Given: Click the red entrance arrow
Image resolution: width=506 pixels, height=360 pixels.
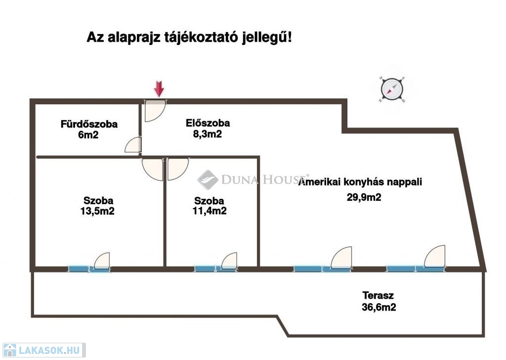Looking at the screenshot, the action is point(159,89).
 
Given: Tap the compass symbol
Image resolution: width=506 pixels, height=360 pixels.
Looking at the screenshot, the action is point(392,90).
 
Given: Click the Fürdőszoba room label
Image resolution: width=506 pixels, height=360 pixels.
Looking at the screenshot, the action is point(89,124).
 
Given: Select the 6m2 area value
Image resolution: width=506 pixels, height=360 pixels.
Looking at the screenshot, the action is point(88,135).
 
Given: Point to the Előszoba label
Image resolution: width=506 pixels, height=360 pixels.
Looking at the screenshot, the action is point(208,123).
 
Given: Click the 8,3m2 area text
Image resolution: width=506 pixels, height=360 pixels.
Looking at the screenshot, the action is point(208,134).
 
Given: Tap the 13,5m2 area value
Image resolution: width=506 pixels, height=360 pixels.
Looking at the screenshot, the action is point(97,211).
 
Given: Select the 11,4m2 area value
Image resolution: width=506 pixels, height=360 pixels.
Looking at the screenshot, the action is point(210,211).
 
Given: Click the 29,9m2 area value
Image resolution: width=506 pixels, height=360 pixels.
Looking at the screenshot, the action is point(364,197).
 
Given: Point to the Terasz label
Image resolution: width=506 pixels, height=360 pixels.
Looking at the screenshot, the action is point(378,295).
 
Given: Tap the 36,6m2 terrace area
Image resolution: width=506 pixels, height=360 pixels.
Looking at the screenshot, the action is point(379,307).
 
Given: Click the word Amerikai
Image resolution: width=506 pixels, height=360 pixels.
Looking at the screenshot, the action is point(320,182).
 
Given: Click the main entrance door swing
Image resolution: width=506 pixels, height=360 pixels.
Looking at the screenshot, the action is point(155,110).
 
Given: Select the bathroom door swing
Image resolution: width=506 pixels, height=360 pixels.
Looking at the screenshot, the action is point(133,145).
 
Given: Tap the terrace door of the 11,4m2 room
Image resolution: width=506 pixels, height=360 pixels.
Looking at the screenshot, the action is point(229,261).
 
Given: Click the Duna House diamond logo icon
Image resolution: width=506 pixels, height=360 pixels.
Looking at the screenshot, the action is point(208,180).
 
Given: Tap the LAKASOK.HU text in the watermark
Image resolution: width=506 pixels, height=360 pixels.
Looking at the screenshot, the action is point(49,350).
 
